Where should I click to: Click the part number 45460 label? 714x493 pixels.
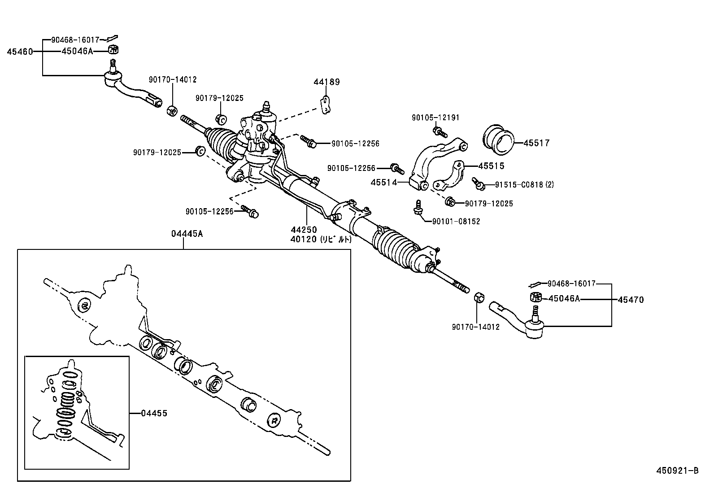point(20,52)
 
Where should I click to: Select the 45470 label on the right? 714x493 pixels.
point(631,300)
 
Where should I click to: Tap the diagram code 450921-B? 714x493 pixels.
point(677,471)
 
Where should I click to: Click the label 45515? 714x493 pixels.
point(491,166)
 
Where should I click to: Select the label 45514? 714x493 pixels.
point(384,183)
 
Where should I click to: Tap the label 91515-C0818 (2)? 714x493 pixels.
point(524,184)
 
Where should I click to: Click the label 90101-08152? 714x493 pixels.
point(456,222)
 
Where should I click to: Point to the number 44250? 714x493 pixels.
point(303,230)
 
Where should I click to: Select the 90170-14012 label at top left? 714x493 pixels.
point(173,80)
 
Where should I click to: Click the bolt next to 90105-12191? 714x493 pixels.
point(440,131)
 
